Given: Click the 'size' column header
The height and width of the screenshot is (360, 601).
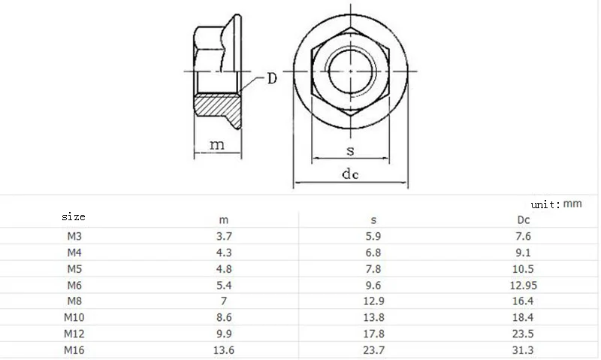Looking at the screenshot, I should [x=73, y=216].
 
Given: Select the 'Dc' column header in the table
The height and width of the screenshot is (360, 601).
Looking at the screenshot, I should [x=524, y=220].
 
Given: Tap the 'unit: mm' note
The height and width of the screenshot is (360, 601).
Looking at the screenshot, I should [x=556, y=204].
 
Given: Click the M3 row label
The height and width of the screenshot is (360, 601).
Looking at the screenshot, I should [x=73, y=236].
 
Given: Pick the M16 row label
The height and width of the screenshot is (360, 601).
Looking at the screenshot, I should [x=73, y=350].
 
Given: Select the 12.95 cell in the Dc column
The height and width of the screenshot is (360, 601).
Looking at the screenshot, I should [x=524, y=285].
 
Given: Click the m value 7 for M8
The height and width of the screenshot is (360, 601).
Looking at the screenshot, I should [x=224, y=301].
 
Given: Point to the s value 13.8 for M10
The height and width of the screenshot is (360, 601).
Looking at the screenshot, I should [x=373, y=318].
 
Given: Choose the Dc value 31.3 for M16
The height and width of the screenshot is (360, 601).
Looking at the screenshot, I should [x=524, y=350].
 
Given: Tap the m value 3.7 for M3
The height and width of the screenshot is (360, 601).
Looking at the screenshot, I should [x=224, y=236].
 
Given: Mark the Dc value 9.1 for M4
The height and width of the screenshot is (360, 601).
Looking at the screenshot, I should [x=524, y=253].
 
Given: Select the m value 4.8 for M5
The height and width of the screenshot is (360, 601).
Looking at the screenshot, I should [x=224, y=269].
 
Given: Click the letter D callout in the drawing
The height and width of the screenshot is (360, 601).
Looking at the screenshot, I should [x=273, y=79].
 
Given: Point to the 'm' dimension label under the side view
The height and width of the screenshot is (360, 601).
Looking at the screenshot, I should [x=216, y=145].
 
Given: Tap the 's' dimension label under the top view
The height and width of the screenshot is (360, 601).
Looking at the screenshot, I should [x=350, y=150].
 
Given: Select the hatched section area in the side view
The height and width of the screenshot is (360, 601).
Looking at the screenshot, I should [x=222, y=111].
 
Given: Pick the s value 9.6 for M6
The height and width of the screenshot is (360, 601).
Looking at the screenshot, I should [x=373, y=285].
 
